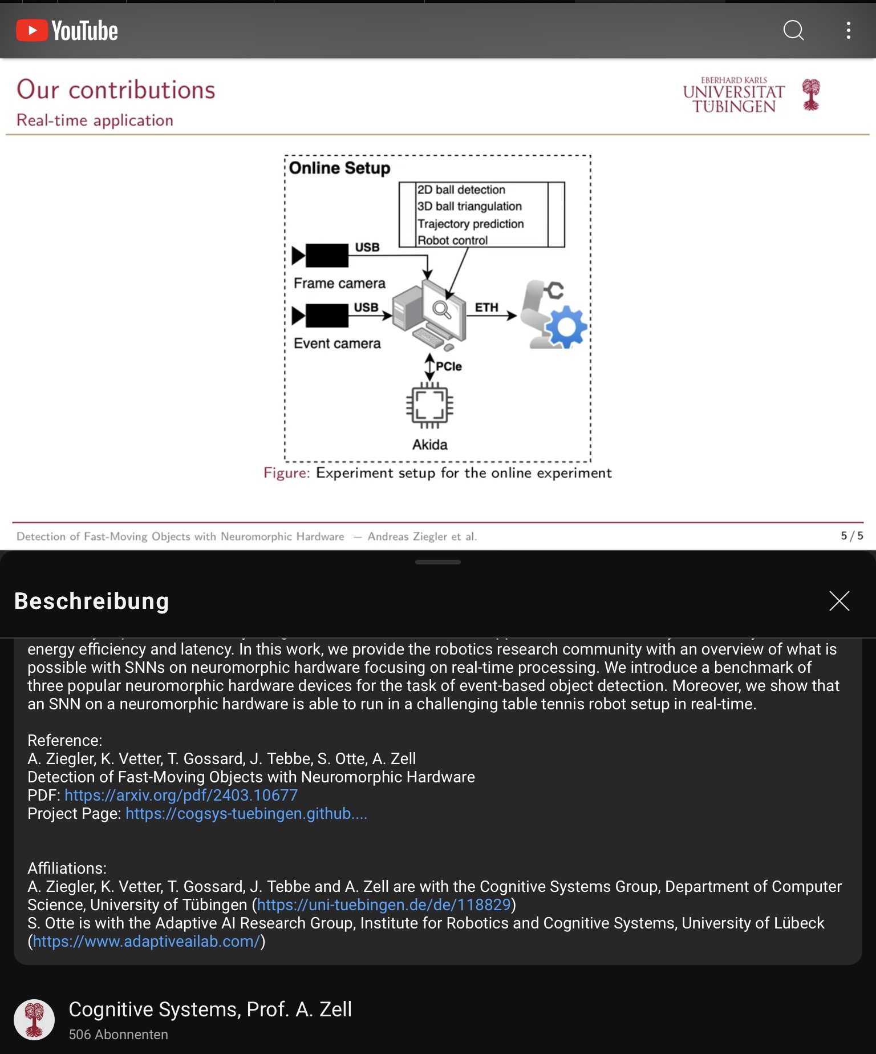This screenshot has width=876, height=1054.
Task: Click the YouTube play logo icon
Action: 32,30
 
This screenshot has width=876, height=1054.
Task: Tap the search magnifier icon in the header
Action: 793,30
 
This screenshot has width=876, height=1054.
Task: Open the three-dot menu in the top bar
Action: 849,30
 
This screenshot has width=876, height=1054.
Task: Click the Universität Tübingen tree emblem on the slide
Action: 810,94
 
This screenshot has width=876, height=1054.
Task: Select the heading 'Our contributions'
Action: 116,90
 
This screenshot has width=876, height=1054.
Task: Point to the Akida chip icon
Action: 429,406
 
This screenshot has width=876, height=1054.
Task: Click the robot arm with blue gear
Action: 554,315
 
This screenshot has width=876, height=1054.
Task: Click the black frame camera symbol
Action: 321,255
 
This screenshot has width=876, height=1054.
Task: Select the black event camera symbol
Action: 321,316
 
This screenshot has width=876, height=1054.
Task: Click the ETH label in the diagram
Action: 486,308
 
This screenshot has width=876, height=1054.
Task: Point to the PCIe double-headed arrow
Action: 429,367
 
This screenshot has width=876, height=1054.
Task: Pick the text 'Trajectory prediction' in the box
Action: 471,224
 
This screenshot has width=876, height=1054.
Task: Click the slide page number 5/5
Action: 851,536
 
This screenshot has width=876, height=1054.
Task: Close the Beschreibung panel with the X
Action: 839,601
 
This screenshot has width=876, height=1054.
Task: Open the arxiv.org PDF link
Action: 181,795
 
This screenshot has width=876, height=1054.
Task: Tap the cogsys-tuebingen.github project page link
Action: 246,813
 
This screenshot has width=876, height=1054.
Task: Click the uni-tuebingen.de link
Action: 383,904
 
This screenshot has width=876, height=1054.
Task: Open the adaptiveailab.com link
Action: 147,941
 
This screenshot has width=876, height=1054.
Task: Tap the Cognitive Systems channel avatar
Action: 34,1019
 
